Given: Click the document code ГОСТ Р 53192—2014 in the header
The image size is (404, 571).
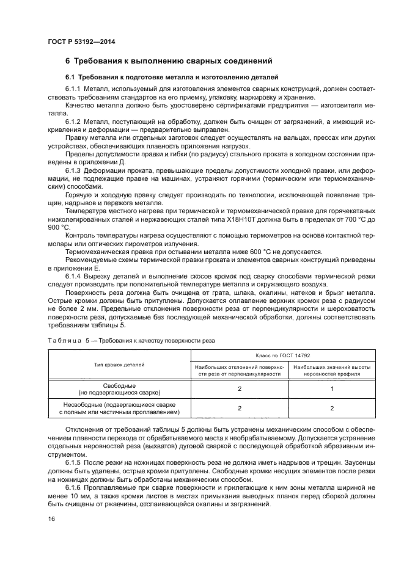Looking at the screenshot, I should pos(81,42).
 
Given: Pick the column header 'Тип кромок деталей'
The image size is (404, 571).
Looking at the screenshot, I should pos(119,365).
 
